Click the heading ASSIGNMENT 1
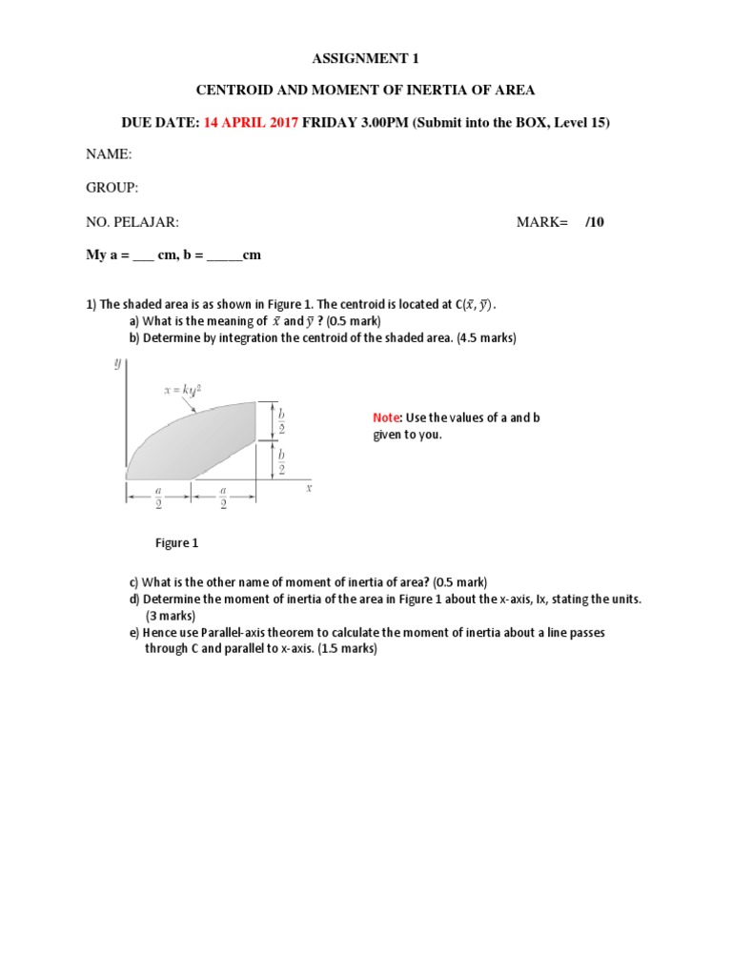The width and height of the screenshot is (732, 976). (366, 59)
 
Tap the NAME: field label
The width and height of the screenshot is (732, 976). (109, 154)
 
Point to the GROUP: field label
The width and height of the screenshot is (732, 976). (112, 188)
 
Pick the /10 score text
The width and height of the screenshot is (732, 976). (595, 222)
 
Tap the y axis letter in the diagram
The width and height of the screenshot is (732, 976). (117, 363)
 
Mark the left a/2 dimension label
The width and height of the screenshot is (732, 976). (159, 498)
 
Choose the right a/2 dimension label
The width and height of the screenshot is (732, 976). (223, 498)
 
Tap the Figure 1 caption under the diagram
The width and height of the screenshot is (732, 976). (177, 543)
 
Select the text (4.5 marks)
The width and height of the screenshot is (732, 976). (483, 337)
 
